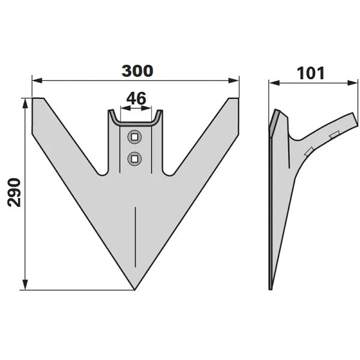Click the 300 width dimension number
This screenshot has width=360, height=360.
137,71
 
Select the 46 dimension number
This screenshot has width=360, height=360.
136,98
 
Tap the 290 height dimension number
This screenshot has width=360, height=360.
14,193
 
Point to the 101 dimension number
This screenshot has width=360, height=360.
311,73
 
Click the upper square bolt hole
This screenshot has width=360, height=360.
134,137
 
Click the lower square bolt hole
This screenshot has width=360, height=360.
134,158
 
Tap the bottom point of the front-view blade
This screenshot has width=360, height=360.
134,290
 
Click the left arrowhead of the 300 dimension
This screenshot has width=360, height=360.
37,80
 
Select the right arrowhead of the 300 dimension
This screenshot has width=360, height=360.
234,80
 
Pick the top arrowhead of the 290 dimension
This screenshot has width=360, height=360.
25,104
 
